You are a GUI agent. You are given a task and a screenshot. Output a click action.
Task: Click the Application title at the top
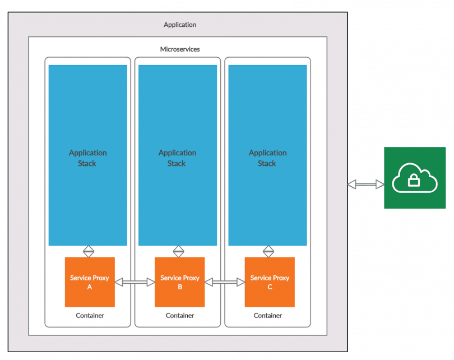(180, 25)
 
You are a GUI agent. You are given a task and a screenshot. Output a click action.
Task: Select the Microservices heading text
(180, 49)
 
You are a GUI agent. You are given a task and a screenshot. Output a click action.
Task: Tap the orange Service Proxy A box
(90, 282)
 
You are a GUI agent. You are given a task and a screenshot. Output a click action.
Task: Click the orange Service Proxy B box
(180, 282)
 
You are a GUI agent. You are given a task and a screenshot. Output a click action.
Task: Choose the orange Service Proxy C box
(270, 282)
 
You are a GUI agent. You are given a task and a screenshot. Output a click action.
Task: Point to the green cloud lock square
(415, 178)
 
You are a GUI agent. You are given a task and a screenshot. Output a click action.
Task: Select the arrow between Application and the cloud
(365, 184)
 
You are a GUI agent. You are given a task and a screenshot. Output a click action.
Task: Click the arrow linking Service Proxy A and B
(135, 283)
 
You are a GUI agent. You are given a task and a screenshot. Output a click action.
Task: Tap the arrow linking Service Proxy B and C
(225, 283)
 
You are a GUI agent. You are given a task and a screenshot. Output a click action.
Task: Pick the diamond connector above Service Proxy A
(89, 251)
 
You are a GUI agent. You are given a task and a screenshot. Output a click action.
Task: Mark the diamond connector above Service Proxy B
(179, 251)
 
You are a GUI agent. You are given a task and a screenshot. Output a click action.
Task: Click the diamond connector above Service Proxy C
(268, 251)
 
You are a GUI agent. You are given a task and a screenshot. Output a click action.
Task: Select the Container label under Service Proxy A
(90, 316)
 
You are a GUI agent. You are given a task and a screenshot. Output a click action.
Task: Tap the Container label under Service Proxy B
(180, 316)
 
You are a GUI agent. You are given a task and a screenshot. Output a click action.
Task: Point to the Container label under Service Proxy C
(268, 316)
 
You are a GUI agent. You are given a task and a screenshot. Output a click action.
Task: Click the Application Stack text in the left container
(87, 158)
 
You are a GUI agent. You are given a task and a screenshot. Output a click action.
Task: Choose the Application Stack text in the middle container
(177, 158)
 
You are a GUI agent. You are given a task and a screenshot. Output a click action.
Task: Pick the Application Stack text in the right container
(267, 158)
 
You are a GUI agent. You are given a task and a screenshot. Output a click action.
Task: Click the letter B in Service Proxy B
(180, 287)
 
